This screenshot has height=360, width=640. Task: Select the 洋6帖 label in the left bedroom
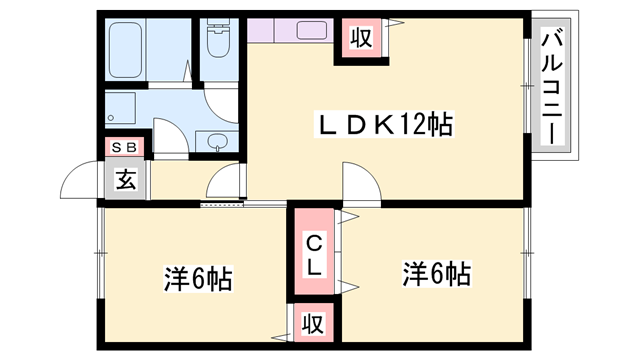197,278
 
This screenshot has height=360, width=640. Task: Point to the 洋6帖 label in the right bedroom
437,273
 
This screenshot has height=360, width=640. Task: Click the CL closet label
313,254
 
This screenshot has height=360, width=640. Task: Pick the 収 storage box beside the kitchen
360,39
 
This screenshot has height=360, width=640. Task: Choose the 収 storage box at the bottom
313,324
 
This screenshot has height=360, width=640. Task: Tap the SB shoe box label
126,148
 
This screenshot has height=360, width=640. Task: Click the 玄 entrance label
126,181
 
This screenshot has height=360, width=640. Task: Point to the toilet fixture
217,42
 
